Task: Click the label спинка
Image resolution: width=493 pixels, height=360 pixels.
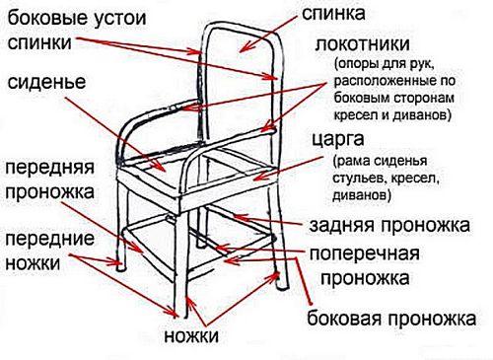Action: tap(333, 13)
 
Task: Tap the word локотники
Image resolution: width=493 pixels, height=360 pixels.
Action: tap(363, 44)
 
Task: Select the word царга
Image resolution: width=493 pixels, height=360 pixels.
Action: tap(338, 140)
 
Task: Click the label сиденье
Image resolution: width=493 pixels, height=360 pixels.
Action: tap(46, 82)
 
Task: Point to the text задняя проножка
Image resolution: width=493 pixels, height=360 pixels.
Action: tap(389, 226)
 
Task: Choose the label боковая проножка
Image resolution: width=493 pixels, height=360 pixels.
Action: tap(391, 319)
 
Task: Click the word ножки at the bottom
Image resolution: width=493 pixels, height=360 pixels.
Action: tap(191, 336)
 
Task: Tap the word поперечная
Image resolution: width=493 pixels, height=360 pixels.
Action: tap(365, 253)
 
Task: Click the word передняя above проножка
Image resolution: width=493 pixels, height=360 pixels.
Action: tap(50, 168)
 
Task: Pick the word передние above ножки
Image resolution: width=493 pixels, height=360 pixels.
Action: tap(50, 239)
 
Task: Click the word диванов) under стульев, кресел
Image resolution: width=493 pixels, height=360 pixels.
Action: tap(362, 195)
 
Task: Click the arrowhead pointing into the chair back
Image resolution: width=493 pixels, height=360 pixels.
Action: tap(243, 49)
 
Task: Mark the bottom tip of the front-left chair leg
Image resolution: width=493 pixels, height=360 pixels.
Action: tap(121, 269)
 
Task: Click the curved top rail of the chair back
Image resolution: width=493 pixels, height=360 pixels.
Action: tap(243, 25)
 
